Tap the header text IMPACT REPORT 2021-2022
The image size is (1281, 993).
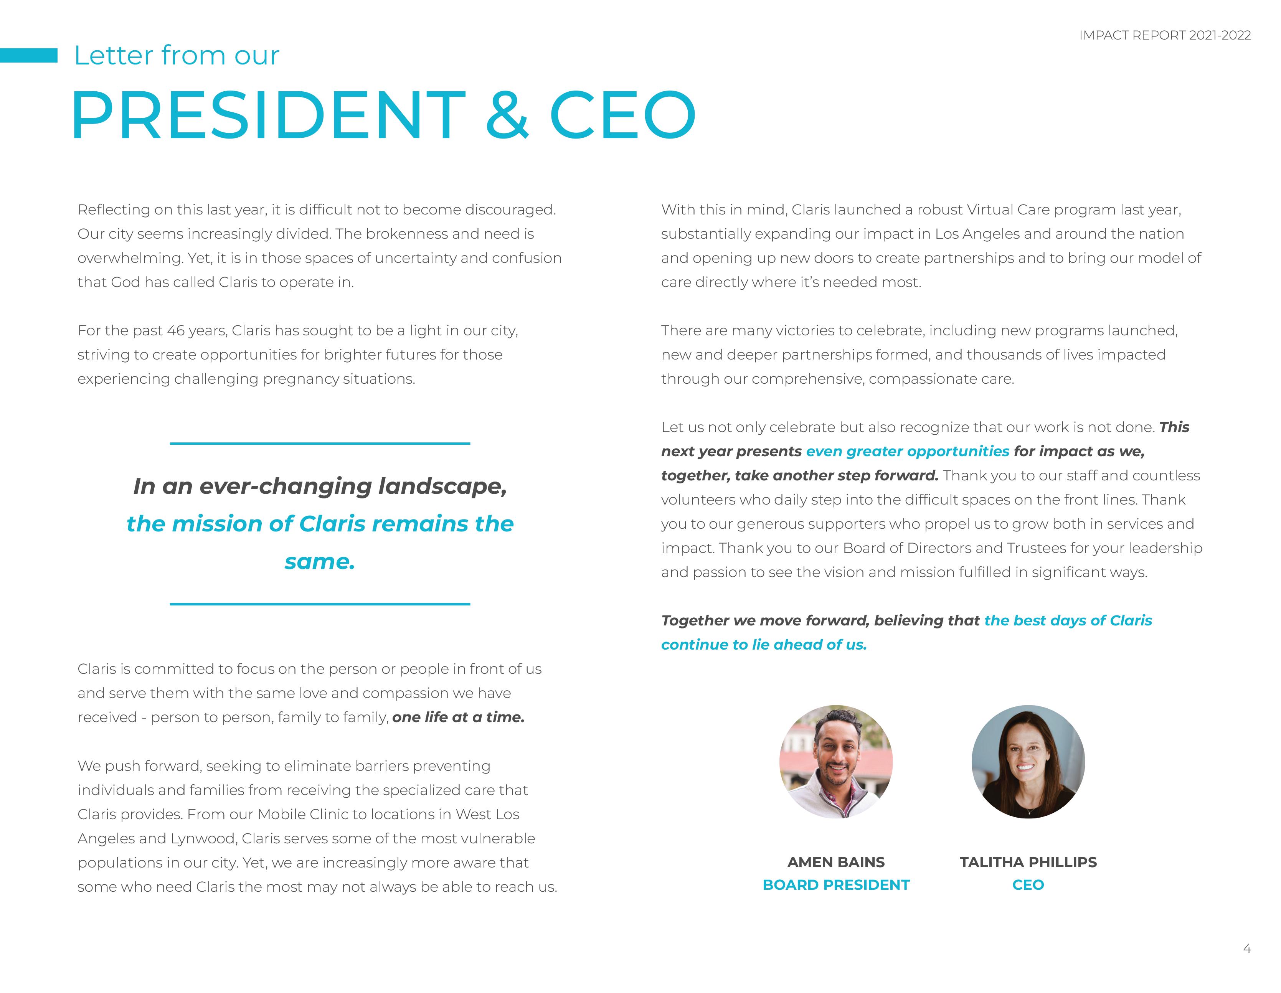click(1164, 35)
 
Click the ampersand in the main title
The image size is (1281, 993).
click(507, 115)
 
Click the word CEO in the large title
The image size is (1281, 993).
click(623, 115)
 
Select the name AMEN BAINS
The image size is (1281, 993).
click(836, 862)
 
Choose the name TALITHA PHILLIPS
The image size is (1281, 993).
click(1028, 862)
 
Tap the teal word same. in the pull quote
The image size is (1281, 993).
click(320, 561)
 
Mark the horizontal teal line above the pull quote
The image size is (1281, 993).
click(320, 444)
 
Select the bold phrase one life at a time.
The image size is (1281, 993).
click(458, 718)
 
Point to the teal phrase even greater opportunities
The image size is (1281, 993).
click(907, 451)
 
